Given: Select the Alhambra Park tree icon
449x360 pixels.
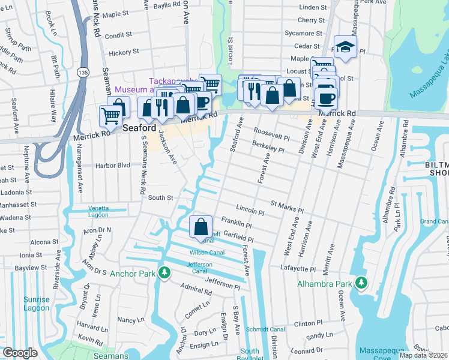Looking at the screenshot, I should [x=360, y=282].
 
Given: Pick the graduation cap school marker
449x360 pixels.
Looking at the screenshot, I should [x=345, y=47].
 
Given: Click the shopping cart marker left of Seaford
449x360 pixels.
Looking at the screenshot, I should [x=110, y=116].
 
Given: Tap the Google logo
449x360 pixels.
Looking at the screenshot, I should [x=19, y=353].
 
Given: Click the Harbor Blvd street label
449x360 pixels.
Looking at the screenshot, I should [x=113, y=165].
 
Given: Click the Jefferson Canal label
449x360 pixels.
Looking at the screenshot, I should [x=200, y=268].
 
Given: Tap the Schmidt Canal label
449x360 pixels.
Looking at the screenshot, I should [x=282, y=329].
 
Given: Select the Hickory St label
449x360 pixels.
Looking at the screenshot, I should [x=124, y=52].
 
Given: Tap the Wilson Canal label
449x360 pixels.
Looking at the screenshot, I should [x=207, y=252].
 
